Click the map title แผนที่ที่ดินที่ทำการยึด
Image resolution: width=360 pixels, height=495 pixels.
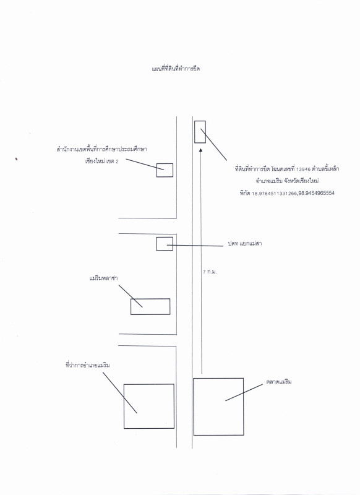coord(176,69)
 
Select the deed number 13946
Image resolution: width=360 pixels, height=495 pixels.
coord(304,169)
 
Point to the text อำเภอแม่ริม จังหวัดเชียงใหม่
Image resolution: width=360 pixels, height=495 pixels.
coord(287,181)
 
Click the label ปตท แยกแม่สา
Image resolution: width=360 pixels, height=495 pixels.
coord(245,244)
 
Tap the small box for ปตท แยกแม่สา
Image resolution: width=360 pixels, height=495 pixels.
coord(157,244)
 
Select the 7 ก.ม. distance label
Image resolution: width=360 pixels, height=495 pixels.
coord(210,272)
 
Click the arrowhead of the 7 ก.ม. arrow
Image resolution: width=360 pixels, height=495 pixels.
coord(200,150)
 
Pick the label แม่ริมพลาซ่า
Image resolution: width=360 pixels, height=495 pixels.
coord(104,278)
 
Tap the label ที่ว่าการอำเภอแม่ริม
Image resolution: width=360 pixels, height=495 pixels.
coord(88,365)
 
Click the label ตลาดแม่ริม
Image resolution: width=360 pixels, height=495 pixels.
coord(279,382)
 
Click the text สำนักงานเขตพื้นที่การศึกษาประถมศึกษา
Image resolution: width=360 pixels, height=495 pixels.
coord(101,149)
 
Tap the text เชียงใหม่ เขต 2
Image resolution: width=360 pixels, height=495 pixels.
coord(102,161)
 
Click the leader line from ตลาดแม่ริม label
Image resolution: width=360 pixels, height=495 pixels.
coord(244,392)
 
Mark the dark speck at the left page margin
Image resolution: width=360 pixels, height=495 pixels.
coord(16,159)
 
